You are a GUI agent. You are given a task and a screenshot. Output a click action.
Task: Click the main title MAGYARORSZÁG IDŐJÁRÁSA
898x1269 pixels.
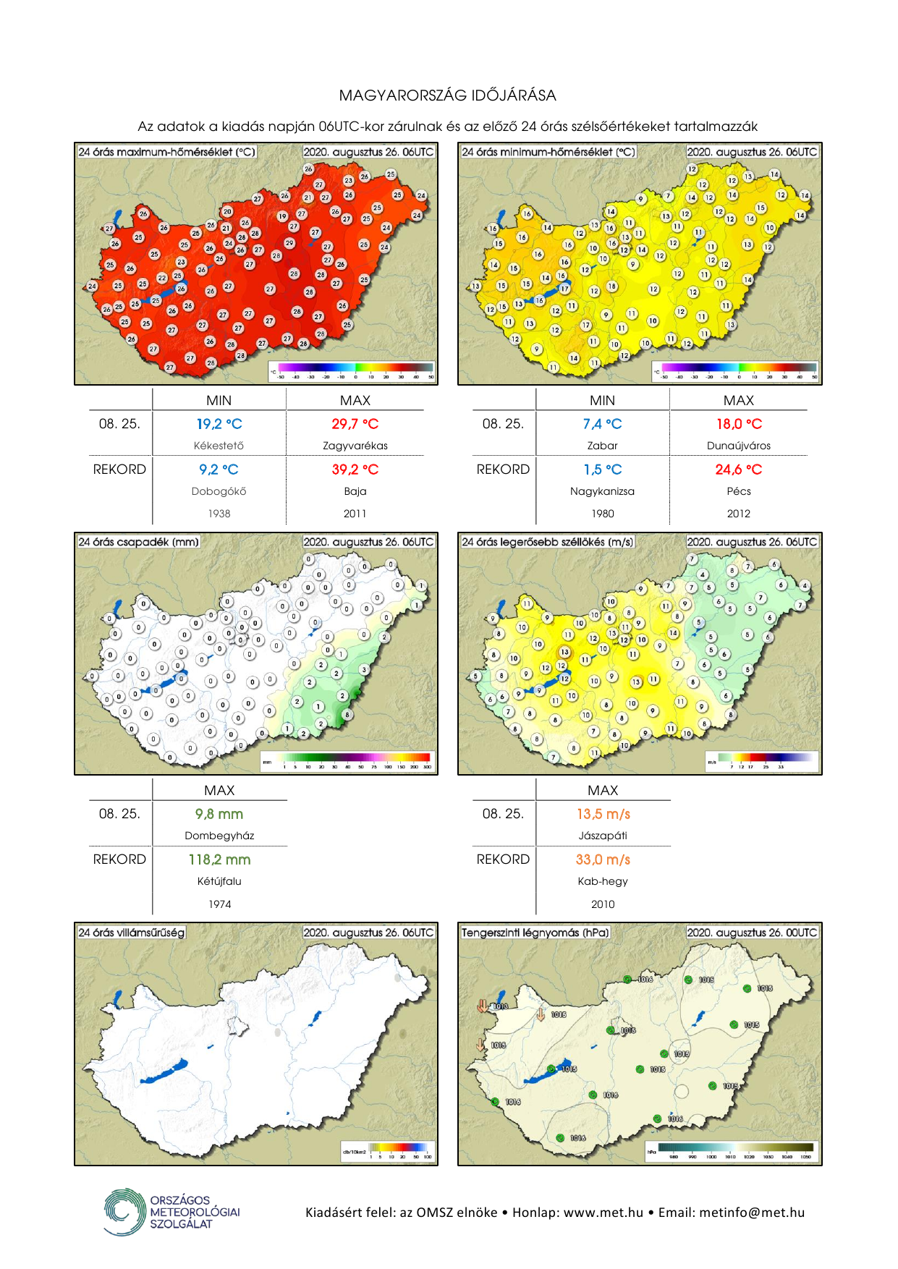(448, 96)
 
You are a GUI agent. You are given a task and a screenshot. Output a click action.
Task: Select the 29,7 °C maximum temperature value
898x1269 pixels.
(355, 424)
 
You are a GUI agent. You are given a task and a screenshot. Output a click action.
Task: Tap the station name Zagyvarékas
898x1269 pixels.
(355, 446)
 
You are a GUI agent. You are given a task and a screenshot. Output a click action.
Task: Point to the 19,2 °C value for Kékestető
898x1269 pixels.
(219, 424)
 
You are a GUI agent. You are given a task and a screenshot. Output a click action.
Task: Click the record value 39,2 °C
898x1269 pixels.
(355, 470)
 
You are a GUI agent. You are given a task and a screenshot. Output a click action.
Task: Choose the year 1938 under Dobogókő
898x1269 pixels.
(219, 514)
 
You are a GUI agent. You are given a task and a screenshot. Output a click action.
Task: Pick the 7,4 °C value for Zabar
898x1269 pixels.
(603, 424)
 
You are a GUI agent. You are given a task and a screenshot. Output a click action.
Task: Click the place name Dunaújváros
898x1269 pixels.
(739, 446)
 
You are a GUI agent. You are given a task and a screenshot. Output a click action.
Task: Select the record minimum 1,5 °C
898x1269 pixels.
(603, 470)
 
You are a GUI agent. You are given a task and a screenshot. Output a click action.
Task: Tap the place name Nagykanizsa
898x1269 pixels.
(603, 491)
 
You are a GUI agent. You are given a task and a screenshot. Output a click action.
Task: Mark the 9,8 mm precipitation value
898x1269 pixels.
(219, 814)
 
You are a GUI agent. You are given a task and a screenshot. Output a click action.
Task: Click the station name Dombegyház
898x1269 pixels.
(219, 836)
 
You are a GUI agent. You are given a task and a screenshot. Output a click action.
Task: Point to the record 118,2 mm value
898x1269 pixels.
(219, 860)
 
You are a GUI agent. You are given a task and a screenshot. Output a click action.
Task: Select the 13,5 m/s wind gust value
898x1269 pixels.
(603, 814)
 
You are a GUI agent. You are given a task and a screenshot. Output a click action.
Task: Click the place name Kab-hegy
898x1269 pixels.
(603, 881)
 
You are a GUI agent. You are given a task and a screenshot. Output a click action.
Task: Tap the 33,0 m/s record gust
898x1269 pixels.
(603, 860)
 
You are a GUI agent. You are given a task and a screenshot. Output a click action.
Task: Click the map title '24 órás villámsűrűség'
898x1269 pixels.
(131, 933)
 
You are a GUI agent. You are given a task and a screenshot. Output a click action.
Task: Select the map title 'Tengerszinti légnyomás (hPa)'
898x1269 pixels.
(535, 933)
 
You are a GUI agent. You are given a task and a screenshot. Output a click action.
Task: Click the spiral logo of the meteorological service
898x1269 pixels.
(124, 1212)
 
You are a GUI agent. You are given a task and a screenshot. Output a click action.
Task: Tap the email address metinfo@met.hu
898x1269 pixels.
(752, 1213)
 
